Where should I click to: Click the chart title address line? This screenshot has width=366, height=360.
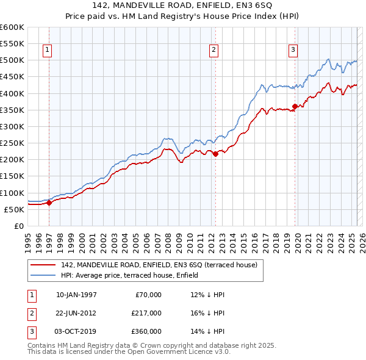pos(183,6)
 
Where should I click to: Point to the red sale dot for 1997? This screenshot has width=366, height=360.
pos(49,203)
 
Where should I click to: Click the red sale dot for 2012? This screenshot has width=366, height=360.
pos(215,154)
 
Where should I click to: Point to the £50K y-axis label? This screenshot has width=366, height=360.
pos(14,209)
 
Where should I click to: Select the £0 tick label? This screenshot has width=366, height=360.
pos(18,226)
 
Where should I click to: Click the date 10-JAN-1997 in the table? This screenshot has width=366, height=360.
pos(76,295)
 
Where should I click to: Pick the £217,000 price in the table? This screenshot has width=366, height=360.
pos(146,313)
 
